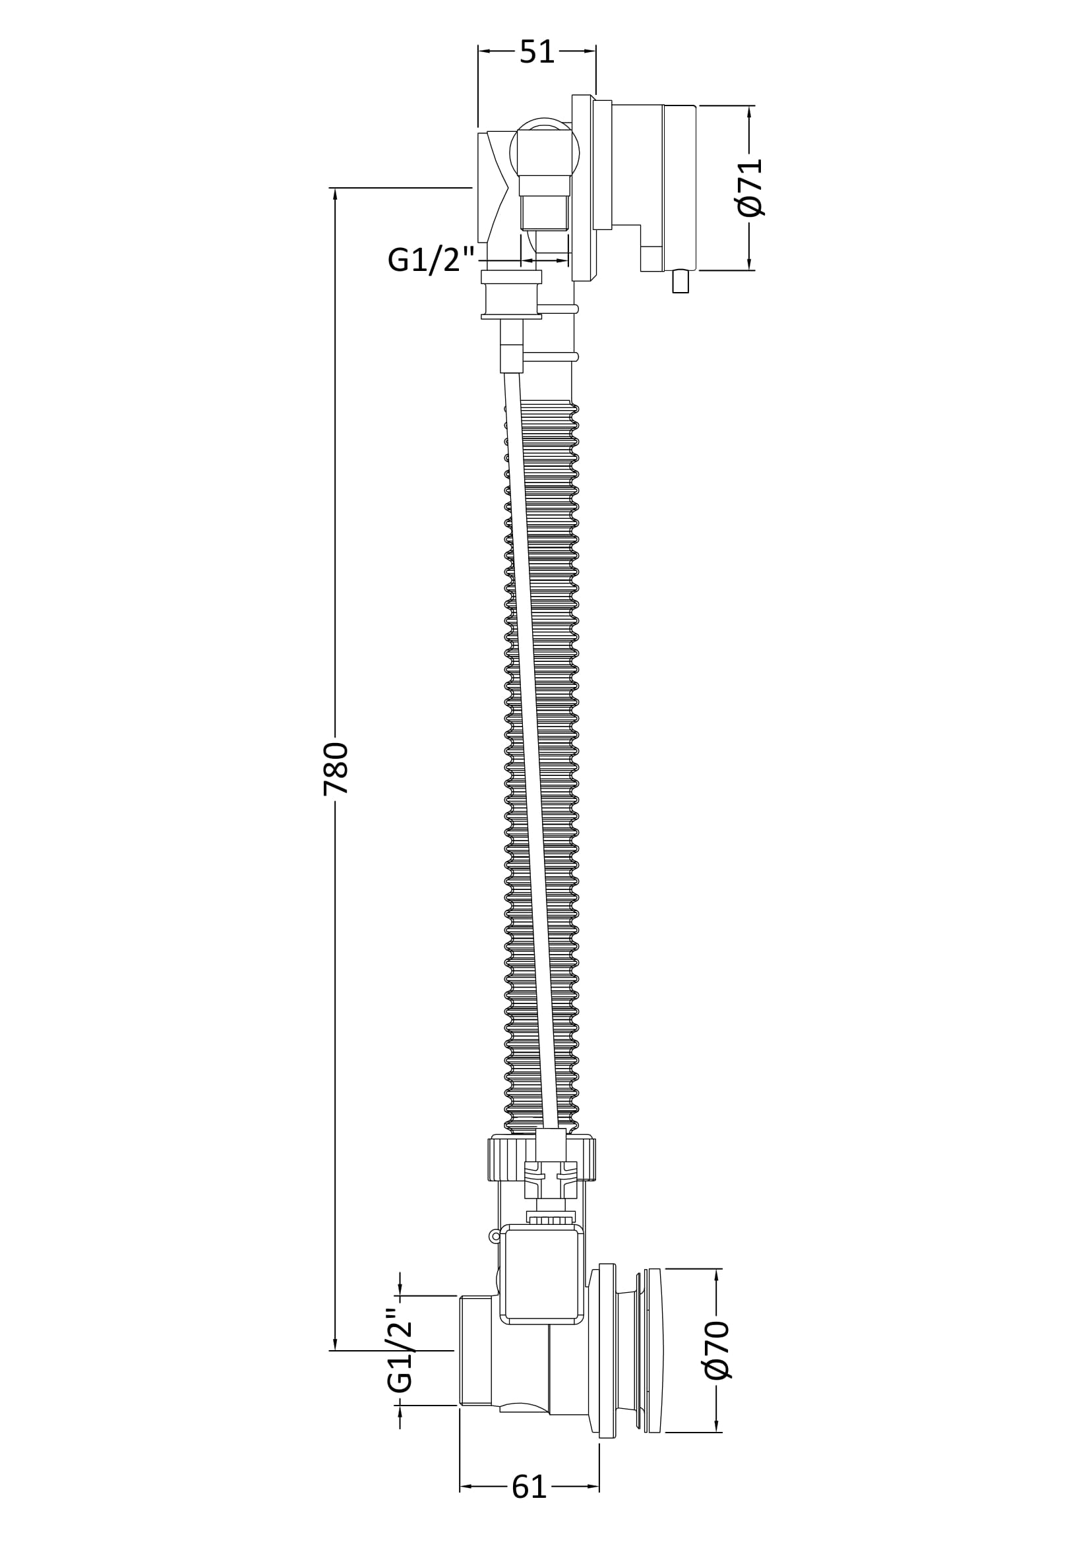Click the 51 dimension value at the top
pyautogui.click(x=537, y=51)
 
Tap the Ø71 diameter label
pyautogui.click(x=750, y=187)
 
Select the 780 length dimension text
pyautogui.click(x=336, y=768)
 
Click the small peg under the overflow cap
pyautogui.click(x=681, y=281)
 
